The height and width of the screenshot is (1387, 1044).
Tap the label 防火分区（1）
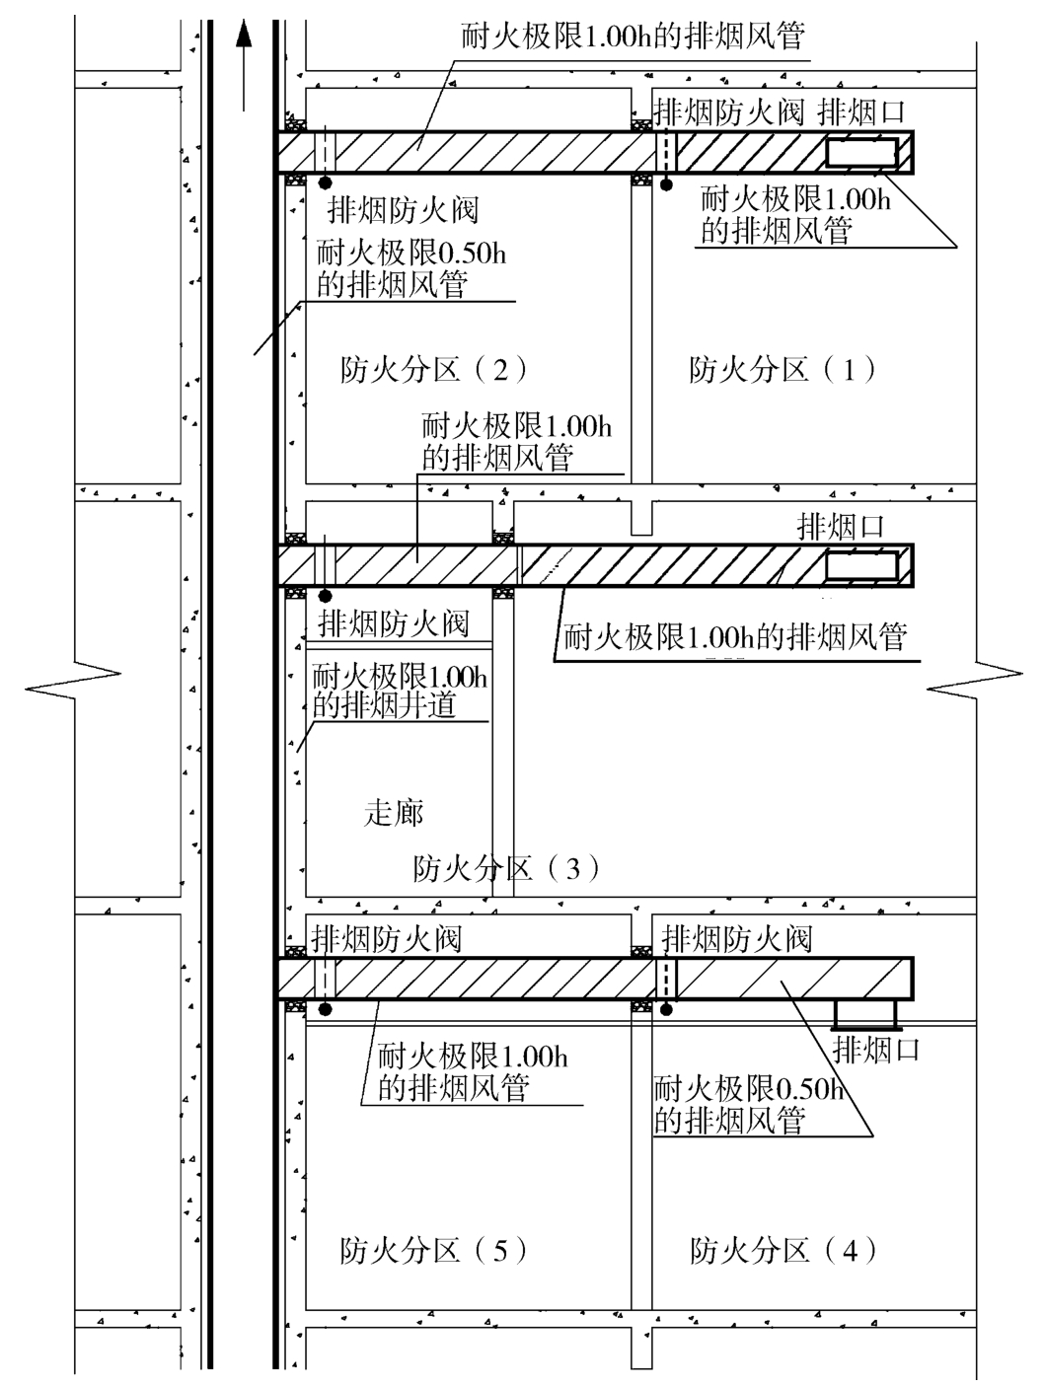[783, 370]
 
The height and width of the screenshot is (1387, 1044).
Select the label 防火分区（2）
[433, 370]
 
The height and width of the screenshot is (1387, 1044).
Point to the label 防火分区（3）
[506, 868]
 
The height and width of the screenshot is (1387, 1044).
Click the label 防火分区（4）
[783, 1251]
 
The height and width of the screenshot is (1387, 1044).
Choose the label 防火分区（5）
[433, 1251]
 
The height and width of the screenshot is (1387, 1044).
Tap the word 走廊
[394, 813]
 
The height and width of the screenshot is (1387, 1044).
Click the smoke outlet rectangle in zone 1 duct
[861, 153]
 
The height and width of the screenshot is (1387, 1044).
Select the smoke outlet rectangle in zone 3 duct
[861, 565]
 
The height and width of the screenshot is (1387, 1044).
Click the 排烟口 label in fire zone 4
[876, 1049]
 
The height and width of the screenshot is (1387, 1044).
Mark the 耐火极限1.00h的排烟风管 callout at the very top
[633, 37]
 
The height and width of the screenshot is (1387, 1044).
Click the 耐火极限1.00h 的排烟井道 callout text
[399, 691]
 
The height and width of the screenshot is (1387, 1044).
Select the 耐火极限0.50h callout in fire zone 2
[410, 268]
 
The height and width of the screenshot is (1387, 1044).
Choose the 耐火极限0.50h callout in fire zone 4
[750, 1105]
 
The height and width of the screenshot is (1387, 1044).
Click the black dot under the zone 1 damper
[667, 183]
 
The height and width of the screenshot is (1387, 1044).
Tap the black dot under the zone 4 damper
[667, 1009]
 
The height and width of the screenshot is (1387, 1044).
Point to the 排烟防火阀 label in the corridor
[393, 623]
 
